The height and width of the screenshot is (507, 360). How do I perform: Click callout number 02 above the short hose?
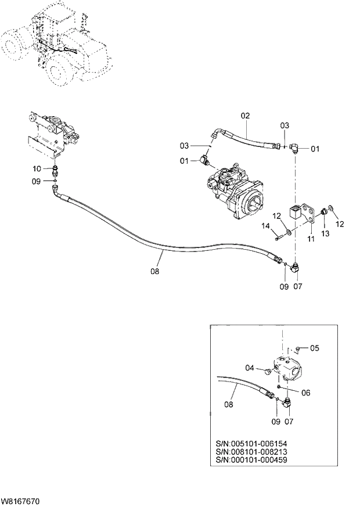tap(245, 116)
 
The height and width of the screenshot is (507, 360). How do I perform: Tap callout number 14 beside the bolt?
tap(266, 226)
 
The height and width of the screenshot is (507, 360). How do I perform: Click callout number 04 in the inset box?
tap(250, 367)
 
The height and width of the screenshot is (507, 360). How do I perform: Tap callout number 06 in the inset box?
tap(305, 393)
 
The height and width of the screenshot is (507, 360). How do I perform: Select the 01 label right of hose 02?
tap(315, 149)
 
